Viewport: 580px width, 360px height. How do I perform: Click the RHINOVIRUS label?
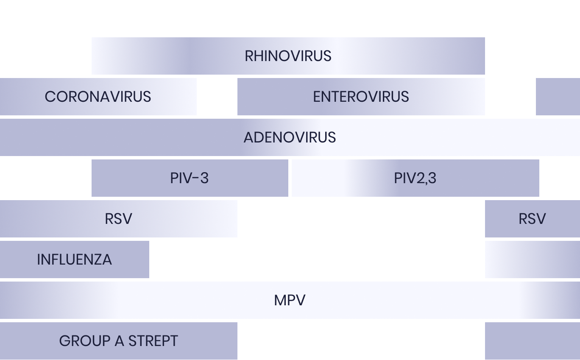288,56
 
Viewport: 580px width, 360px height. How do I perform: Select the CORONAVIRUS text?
98,97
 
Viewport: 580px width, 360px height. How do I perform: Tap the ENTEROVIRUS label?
361,97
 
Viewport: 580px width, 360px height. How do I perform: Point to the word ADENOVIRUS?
290,137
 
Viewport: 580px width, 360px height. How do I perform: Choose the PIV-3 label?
189,178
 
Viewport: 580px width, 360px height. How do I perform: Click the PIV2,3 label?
415,179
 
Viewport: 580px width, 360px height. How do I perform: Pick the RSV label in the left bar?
119,219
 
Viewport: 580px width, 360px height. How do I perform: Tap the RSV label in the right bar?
533,219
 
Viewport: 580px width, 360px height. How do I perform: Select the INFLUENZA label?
75,260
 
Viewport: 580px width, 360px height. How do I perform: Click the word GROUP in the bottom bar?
85,341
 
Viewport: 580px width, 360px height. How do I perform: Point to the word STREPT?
153,341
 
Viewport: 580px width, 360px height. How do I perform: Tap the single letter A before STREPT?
120,341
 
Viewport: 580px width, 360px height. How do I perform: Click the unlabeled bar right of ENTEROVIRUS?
558,97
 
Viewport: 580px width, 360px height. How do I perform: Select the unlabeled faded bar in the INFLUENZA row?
533,260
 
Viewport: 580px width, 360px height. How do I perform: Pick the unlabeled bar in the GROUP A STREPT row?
533,341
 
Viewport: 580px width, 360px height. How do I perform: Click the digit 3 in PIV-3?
204,178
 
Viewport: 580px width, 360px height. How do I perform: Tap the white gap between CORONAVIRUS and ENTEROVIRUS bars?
217,97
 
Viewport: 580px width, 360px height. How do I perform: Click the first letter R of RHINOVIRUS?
249,56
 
